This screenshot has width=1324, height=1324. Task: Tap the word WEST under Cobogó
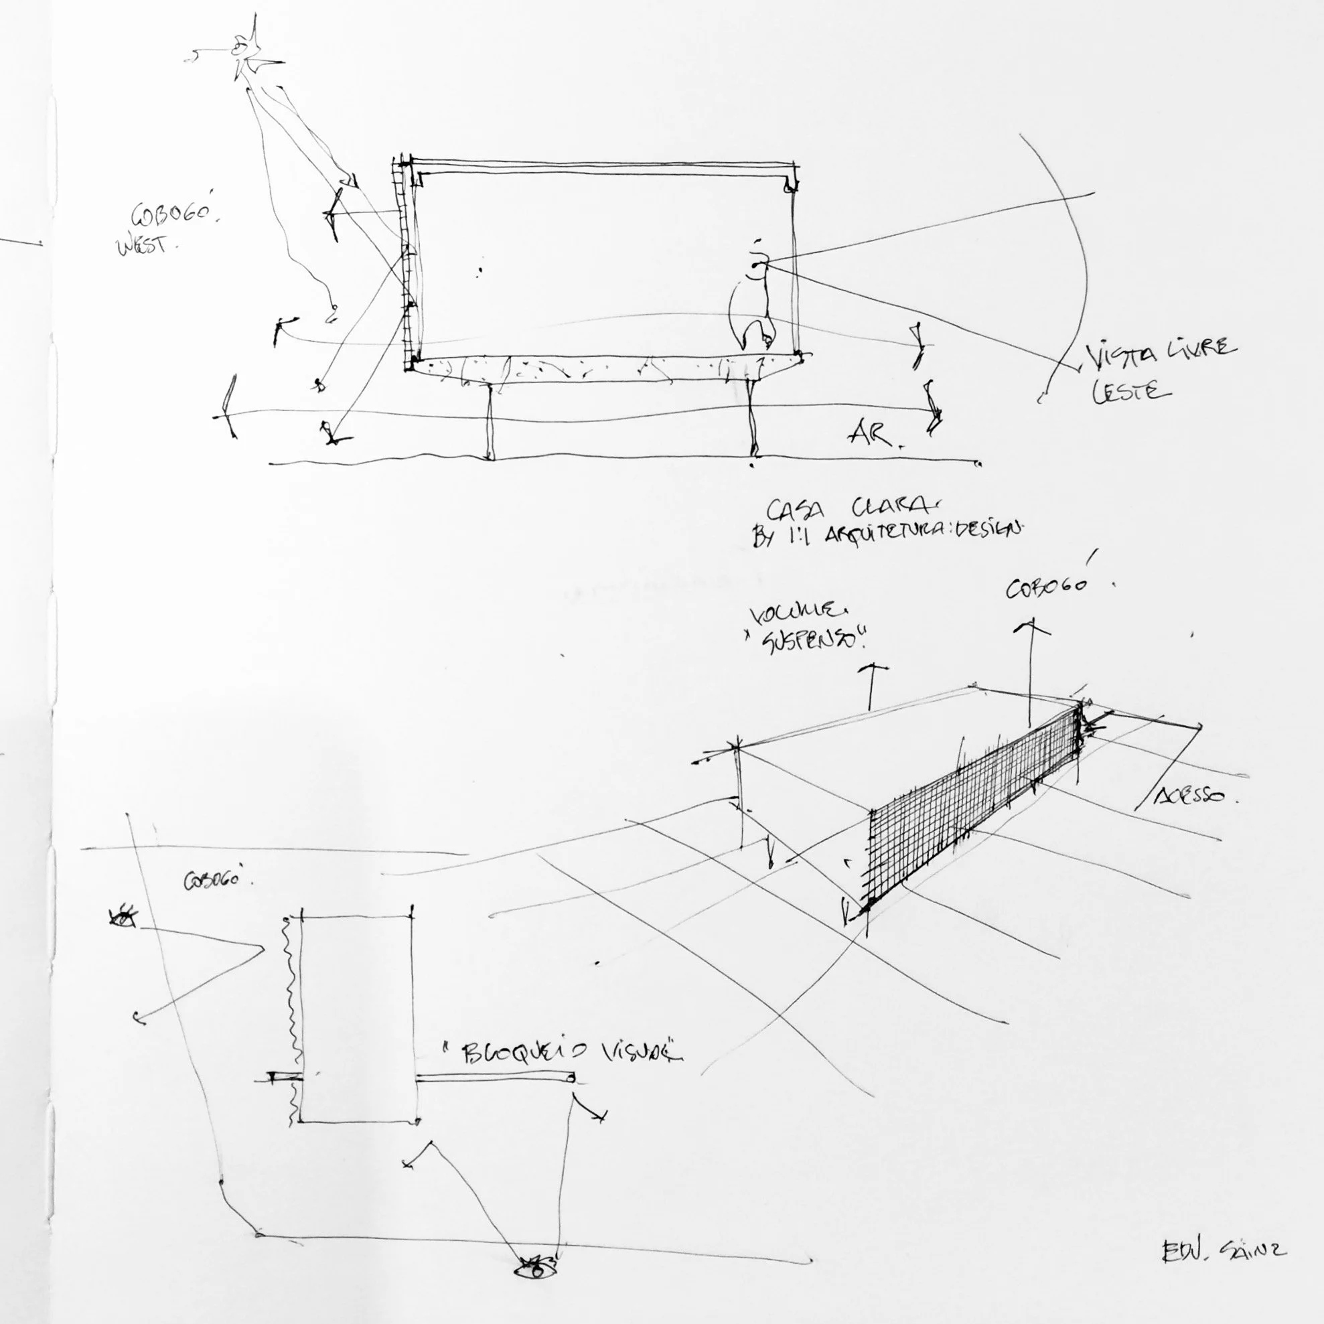(x=143, y=244)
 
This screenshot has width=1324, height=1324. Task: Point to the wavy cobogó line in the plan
(x=292, y=1014)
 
